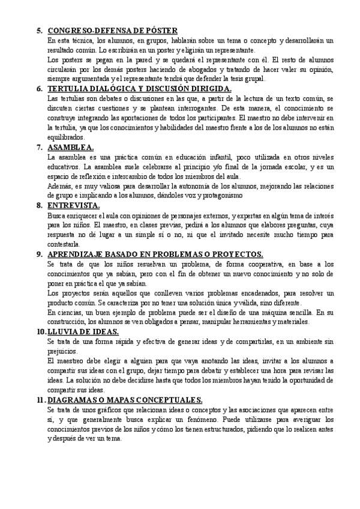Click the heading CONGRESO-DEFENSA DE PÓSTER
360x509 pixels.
pyautogui.click(x=112, y=31)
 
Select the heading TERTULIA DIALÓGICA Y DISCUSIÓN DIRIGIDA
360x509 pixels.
pyautogui.click(x=139, y=89)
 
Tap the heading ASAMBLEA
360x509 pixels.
pyautogui.click(x=70, y=147)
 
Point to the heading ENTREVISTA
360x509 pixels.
pyautogui.click(x=73, y=205)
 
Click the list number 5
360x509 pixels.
pyautogui.click(x=39, y=31)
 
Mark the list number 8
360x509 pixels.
pyautogui.click(x=39, y=205)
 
